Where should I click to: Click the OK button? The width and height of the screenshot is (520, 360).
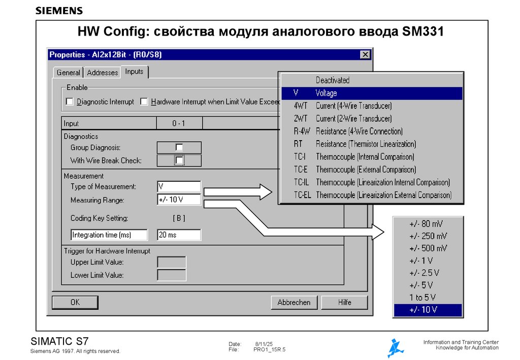coord(75,302)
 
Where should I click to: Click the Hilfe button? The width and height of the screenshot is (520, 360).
coord(344,302)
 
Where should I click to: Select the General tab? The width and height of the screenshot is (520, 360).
coord(68,73)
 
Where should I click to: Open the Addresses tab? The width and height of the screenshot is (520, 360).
coord(102,73)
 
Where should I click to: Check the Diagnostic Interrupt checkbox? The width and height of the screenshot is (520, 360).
coord(70,102)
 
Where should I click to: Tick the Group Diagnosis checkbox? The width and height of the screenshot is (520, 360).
coord(179,147)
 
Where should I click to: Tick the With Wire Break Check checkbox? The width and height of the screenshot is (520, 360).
coord(179,160)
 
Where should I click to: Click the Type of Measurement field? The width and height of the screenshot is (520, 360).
coord(179,186)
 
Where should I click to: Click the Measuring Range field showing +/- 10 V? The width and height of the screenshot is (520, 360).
coord(179,200)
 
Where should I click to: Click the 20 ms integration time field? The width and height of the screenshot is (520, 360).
coord(179,235)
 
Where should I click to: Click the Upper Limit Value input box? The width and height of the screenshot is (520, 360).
coord(171,262)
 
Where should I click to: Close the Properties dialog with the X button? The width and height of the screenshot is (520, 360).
coord(365,54)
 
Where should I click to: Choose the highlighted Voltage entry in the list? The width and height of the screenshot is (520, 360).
coord(371,93)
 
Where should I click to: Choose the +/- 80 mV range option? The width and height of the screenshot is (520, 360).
coord(428,224)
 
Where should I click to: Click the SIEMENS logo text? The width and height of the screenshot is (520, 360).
coord(59,11)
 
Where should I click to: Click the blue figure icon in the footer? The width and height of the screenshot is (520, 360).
coord(395,348)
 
